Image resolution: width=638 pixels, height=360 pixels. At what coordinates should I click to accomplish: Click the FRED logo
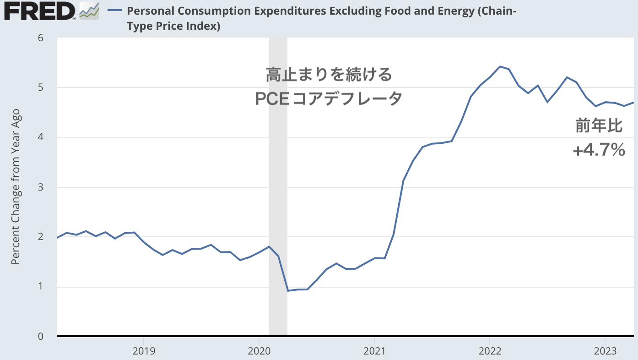pos(40,11)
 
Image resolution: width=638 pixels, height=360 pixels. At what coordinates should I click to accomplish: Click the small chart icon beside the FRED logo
pos(89,11)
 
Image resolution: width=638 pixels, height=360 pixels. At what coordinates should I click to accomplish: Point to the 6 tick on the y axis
pos(40,38)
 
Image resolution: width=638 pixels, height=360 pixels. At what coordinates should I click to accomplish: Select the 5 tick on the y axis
pos(40,87)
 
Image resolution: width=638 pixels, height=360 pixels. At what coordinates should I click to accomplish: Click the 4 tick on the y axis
pos(40,137)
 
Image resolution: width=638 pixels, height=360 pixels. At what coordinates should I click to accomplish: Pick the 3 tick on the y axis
pos(40,187)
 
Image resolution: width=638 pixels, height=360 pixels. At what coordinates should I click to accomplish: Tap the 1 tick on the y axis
pos(40,287)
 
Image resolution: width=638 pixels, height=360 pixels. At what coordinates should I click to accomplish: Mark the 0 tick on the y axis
pos(40,337)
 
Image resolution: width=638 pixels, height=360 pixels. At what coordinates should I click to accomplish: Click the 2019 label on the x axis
pos(144,351)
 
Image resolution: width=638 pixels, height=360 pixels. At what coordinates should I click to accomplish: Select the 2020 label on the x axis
pos(259,351)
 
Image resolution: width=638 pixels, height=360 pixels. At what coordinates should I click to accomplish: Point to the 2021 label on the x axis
pos(374,351)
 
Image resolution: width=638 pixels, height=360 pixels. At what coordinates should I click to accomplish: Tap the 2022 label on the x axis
pos(490,351)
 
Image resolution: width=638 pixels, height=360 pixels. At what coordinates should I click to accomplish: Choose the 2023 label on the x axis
pos(605,351)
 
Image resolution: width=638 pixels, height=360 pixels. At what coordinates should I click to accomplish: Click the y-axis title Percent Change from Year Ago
pos(16,187)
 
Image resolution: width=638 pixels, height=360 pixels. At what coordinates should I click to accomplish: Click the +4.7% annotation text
pos(599,150)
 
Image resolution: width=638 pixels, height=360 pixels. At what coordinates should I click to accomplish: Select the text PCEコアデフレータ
pos(329,98)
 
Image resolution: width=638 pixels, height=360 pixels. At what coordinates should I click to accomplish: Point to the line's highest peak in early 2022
pos(500,66)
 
